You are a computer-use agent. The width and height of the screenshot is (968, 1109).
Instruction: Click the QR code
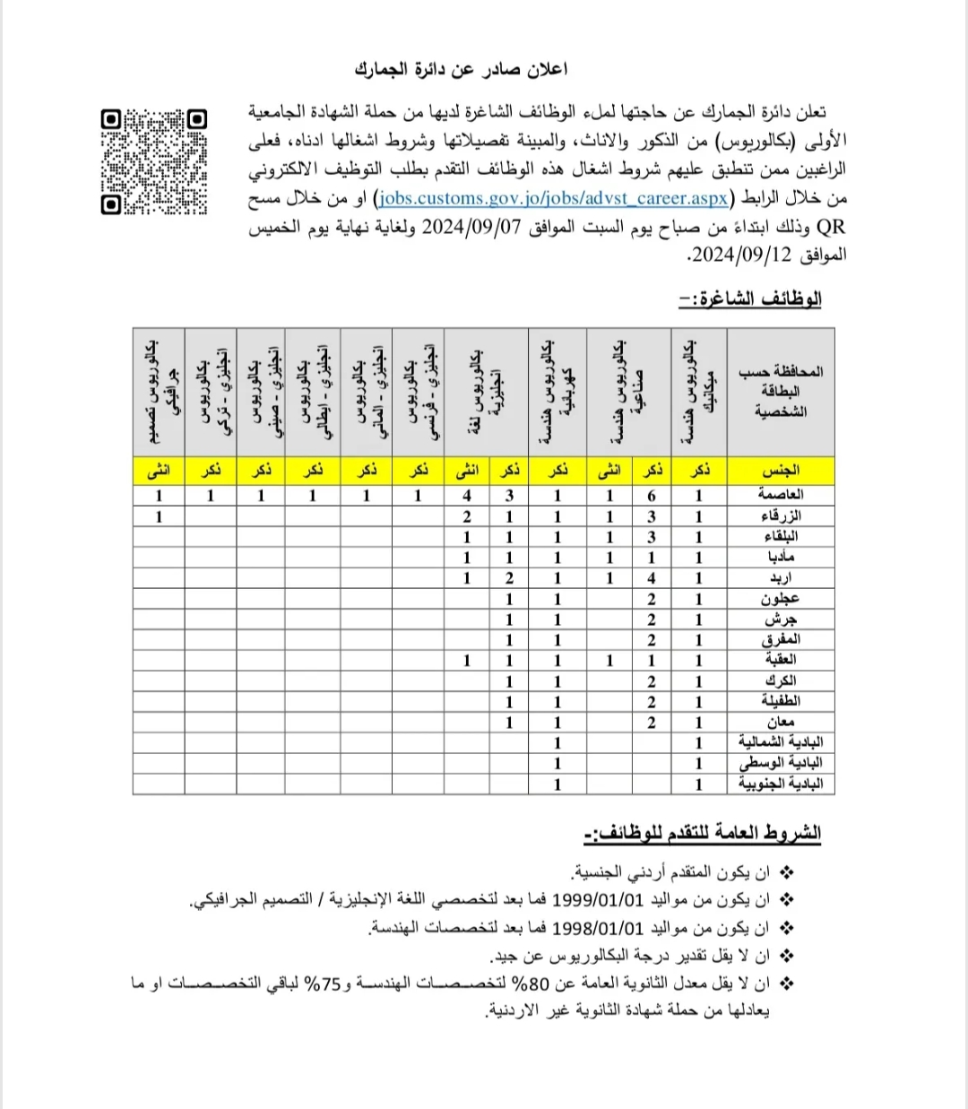click(154, 161)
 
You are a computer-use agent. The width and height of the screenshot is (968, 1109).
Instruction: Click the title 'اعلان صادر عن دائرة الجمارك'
click(461, 69)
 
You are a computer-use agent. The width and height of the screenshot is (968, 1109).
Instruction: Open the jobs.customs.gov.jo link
click(553, 198)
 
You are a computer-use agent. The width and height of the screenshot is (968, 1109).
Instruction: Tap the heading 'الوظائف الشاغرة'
click(750, 299)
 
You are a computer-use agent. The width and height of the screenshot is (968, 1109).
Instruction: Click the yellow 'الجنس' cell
click(780, 470)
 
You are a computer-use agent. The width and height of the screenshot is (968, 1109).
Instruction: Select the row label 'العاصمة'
click(780, 495)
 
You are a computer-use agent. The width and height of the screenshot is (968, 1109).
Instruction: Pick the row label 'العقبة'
click(780, 660)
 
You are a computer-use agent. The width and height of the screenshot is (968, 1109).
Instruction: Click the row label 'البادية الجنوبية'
click(780, 784)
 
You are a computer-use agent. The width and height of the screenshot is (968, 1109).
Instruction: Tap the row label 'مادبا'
click(780, 557)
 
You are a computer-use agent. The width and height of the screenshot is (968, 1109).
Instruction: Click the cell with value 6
click(652, 495)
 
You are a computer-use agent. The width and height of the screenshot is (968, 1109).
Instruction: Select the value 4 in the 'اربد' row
click(652, 578)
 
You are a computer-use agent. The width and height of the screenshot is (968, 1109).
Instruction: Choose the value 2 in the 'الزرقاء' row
click(467, 516)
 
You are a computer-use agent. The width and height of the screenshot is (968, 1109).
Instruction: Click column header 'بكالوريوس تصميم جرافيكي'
click(159, 392)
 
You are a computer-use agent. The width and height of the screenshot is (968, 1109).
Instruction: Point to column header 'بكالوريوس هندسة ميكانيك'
click(698, 392)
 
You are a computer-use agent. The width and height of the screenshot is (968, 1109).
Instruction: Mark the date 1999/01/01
click(598, 899)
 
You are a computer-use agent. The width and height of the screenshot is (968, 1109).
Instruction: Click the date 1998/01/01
click(598, 927)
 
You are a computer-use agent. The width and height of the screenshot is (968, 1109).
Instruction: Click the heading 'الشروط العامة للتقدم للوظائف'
click(702, 833)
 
